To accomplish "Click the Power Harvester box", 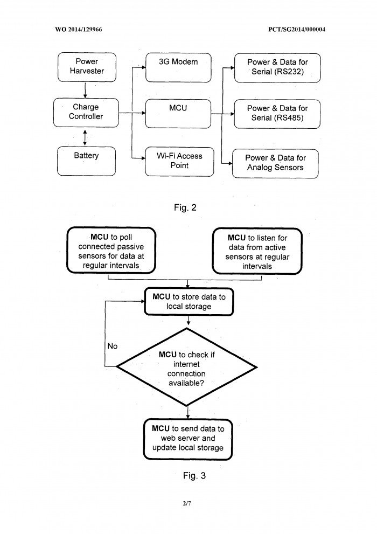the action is click(87, 67).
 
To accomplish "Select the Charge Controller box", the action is click(86, 113).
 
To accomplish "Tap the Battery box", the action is click(86, 161).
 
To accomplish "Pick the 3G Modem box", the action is click(178, 67).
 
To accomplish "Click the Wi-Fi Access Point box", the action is click(179, 162).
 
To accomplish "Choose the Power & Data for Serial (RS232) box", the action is click(277, 68).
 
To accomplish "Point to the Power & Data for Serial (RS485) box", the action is click(277, 114).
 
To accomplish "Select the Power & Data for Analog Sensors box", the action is click(275, 163).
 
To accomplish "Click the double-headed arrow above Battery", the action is click(85, 137).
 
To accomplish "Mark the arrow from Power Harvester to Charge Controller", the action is click(85, 90).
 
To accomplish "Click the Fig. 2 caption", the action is click(185, 207).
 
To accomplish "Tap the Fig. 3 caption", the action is click(194, 475).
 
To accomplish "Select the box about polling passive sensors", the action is click(111, 251).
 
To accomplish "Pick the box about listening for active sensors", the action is click(257, 251).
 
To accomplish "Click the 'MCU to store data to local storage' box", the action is click(189, 301).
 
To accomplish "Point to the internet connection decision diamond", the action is click(187, 367).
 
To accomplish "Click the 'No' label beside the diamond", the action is click(112, 346).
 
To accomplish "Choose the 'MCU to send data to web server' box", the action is click(188, 439).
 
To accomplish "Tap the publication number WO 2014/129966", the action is click(79, 29).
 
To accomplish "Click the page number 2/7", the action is click(187, 503).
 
